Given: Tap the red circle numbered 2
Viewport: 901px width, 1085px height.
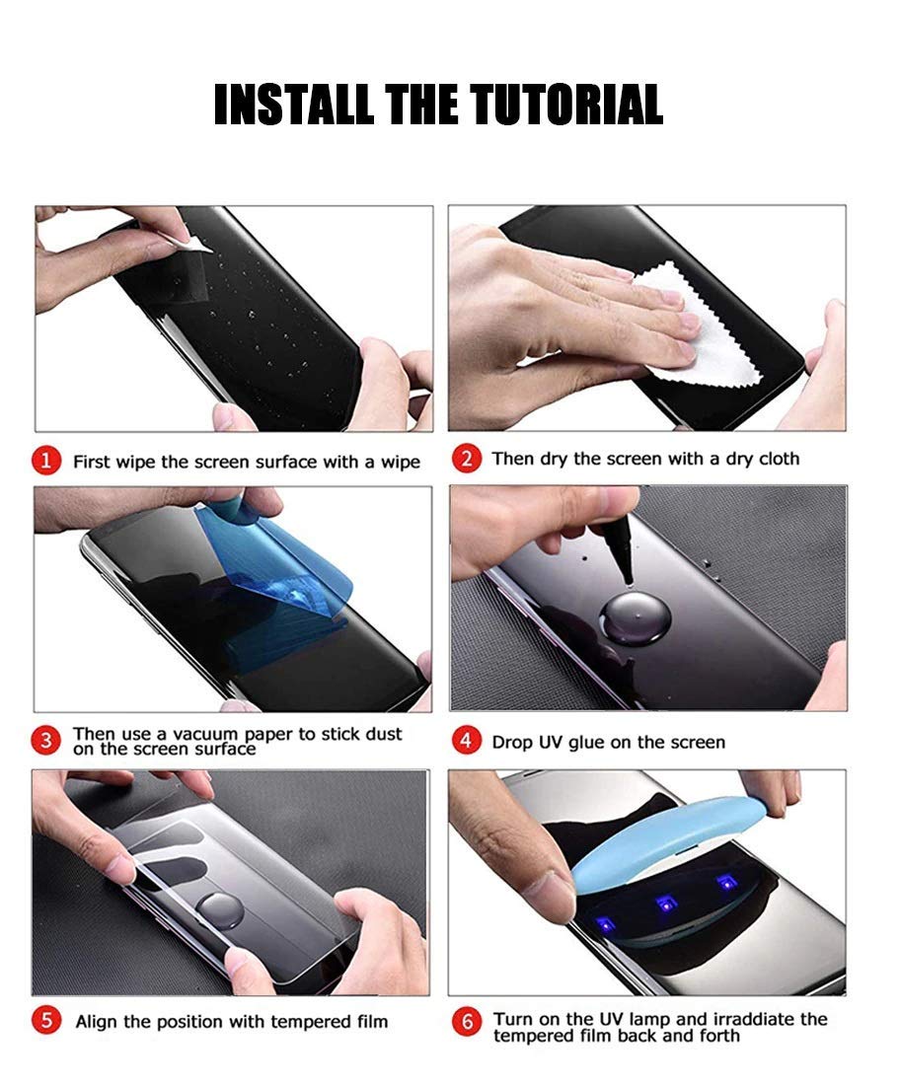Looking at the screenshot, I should (x=469, y=459).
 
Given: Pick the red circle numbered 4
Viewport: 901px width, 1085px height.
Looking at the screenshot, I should (x=469, y=740).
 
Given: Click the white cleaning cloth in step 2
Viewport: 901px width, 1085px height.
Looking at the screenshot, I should (x=710, y=325).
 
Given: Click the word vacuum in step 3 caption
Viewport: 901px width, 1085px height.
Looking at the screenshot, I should (x=199, y=733).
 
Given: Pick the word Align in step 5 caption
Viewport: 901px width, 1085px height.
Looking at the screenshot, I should (x=96, y=1021).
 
